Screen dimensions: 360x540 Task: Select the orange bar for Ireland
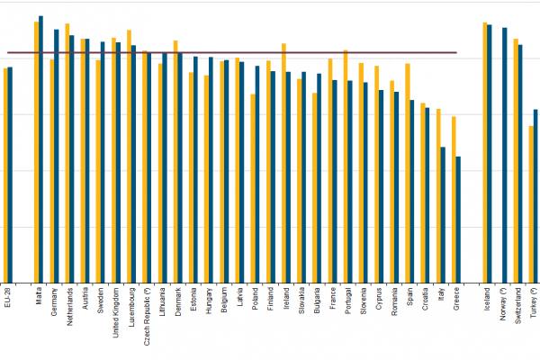(283, 162)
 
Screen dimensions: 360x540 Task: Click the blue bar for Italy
(443, 214)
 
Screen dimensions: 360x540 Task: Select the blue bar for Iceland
(490, 153)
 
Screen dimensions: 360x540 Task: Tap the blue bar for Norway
(505, 154)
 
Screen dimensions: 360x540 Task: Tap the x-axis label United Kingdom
(116, 311)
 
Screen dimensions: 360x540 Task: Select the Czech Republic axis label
(147, 310)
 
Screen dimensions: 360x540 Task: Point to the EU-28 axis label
(8, 297)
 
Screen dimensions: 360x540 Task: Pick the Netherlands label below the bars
(69, 306)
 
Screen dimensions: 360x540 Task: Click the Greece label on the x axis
(457, 298)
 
